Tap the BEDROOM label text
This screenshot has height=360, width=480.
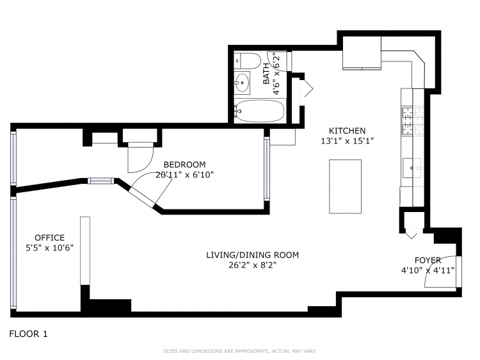click(184, 164)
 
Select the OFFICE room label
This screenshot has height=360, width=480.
click(49, 238)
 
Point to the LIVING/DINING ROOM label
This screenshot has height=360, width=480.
click(252, 255)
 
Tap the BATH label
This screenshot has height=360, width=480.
click(267, 78)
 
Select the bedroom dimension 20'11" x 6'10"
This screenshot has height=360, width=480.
click(184, 174)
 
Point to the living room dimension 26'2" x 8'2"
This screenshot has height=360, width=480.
click(252, 265)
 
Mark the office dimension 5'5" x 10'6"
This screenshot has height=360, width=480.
click(49, 248)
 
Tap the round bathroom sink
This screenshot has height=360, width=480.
click(242, 82)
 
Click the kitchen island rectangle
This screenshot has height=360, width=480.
click(345, 186)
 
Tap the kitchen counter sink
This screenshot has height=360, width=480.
click(412, 168)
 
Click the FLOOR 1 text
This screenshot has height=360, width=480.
click(28, 334)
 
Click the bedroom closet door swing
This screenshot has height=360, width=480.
click(140, 158)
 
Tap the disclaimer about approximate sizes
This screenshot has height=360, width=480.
click(240, 351)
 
